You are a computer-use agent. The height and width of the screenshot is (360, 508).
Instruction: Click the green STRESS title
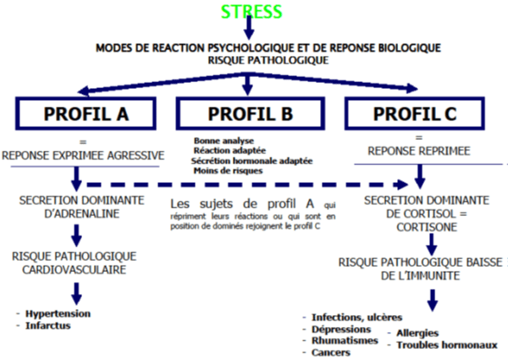(x=251, y=12)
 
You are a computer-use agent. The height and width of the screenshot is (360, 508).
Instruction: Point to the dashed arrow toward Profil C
(x=254, y=183)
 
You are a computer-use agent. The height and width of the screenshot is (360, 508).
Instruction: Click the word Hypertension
(x=58, y=313)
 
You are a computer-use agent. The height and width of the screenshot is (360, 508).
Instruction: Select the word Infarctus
(x=49, y=324)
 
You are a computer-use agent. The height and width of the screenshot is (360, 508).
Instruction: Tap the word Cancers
(x=334, y=351)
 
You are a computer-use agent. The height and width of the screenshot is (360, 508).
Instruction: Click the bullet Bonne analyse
(x=223, y=141)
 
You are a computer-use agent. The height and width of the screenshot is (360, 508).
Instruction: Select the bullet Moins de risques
(x=226, y=170)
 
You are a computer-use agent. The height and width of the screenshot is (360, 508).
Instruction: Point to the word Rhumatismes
(x=346, y=340)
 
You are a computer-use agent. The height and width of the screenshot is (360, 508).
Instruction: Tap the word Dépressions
(x=341, y=328)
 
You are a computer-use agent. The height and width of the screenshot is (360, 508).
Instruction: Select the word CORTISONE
(x=428, y=227)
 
